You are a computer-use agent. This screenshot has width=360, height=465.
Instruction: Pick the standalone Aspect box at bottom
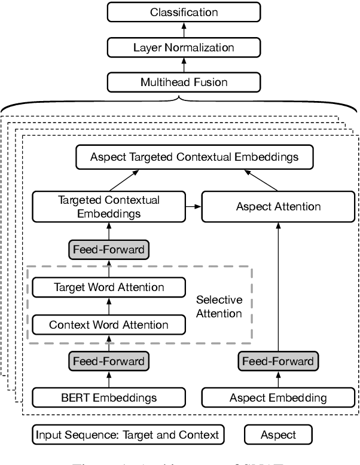(x=278, y=435)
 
